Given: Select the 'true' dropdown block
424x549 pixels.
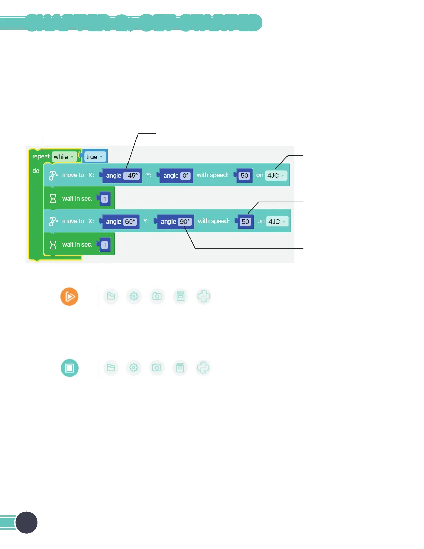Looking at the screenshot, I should pos(94,157).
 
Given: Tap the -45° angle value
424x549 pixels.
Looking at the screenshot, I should pos(132,176).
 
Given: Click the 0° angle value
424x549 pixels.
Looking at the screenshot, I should pos(186,176).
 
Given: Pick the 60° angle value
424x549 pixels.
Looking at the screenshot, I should pos(130,222).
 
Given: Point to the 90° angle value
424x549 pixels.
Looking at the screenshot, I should pos(185,222).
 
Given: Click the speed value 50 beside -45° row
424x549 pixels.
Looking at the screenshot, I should pos(245,176).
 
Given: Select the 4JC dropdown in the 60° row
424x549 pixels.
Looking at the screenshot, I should pos(277,222).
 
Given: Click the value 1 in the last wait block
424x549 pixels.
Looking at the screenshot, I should pos(105,245).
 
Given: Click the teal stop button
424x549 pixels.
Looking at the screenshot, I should pos(70,368).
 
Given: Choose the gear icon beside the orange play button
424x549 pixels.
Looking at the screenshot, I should pos(134,296).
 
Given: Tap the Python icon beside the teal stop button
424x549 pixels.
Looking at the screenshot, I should pos(203,368).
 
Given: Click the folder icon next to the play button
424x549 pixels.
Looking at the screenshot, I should pos(111,296).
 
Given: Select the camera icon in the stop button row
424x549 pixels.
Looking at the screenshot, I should pos(157,368).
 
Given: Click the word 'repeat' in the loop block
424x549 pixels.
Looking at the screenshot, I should pos(41,157).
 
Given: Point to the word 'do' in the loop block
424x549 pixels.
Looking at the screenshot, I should pos(36,171).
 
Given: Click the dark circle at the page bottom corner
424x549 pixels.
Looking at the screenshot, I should pos(27,522).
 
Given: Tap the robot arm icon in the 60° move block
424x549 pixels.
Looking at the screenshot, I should pos(53,221).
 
